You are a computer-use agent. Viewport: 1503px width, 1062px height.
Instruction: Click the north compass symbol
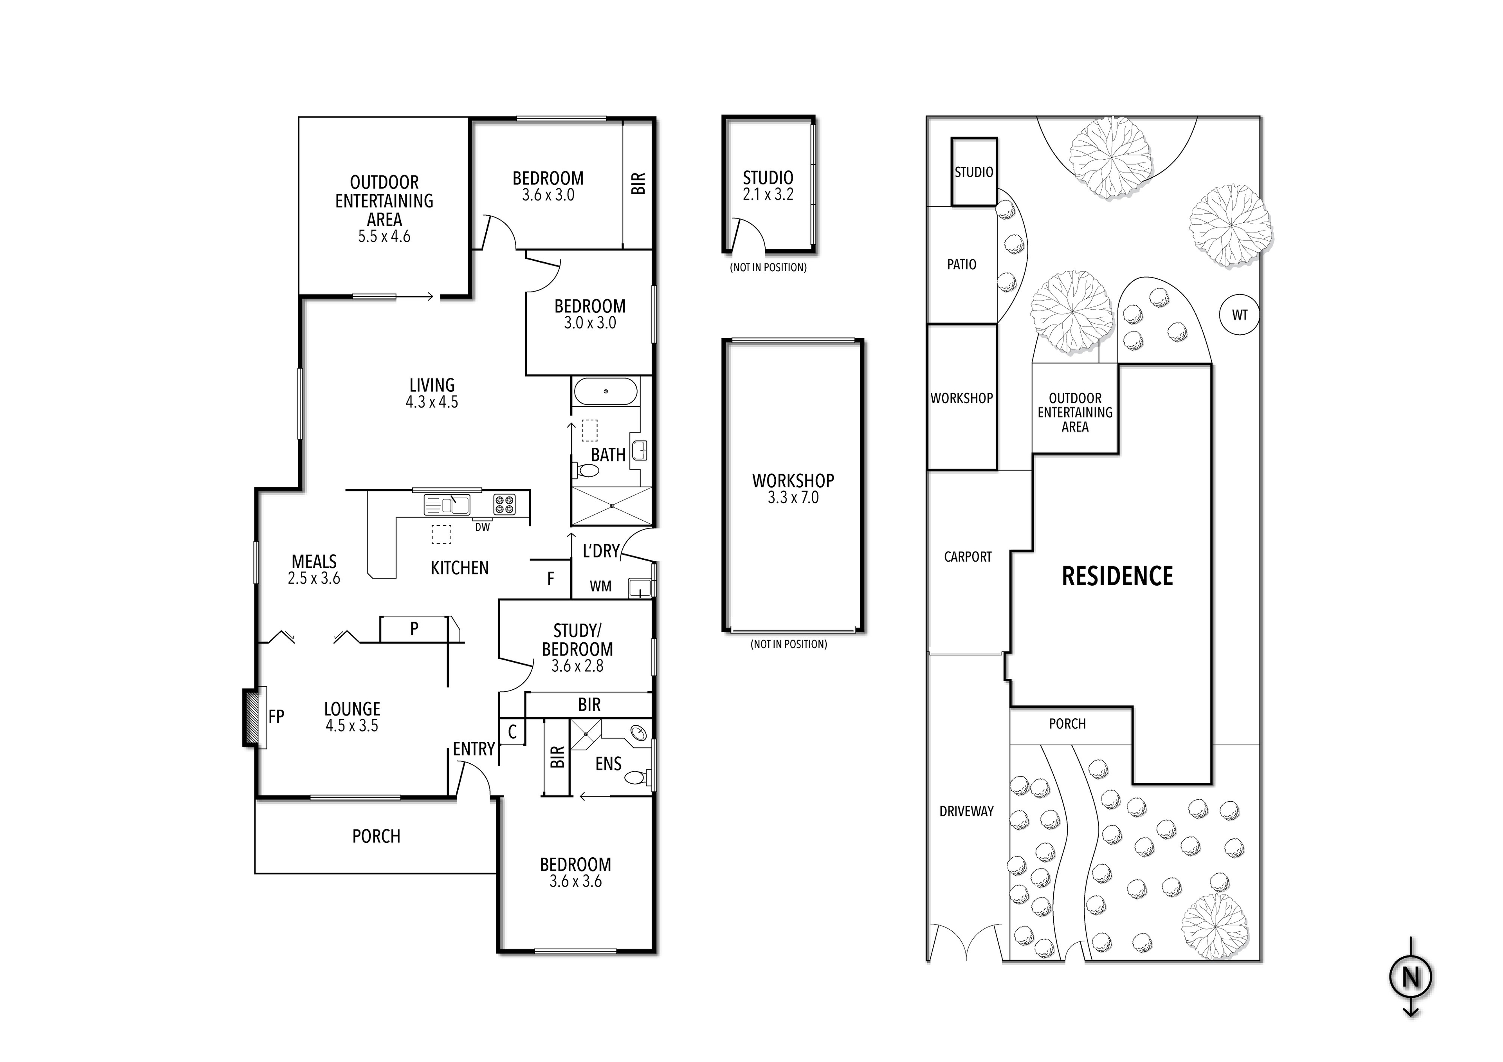pyautogui.click(x=1411, y=977)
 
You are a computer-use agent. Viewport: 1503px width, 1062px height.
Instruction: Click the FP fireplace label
pyautogui.click(x=276, y=716)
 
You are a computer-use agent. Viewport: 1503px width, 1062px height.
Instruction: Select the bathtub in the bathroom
pyautogui.click(x=606, y=391)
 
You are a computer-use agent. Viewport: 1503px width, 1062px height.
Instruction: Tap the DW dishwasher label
pyautogui.click(x=483, y=527)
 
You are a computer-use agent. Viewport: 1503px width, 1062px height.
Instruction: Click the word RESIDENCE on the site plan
pyautogui.click(x=1117, y=576)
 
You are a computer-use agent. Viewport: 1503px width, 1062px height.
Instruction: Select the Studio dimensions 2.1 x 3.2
pyautogui.click(x=768, y=195)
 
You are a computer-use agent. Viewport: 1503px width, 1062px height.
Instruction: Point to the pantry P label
pyautogui.click(x=414, y=629)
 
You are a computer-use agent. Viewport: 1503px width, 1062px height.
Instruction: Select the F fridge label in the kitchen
pyautogui.click(x=551, y=578)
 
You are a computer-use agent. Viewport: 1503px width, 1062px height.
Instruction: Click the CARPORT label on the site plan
pyautogui.click(x=968, y=557)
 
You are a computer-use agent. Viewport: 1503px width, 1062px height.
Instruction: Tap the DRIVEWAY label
pyautogui.click(x=966, y=811)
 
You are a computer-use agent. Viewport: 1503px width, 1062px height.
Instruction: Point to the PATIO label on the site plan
pyautogui.click(x=962, y=265)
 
